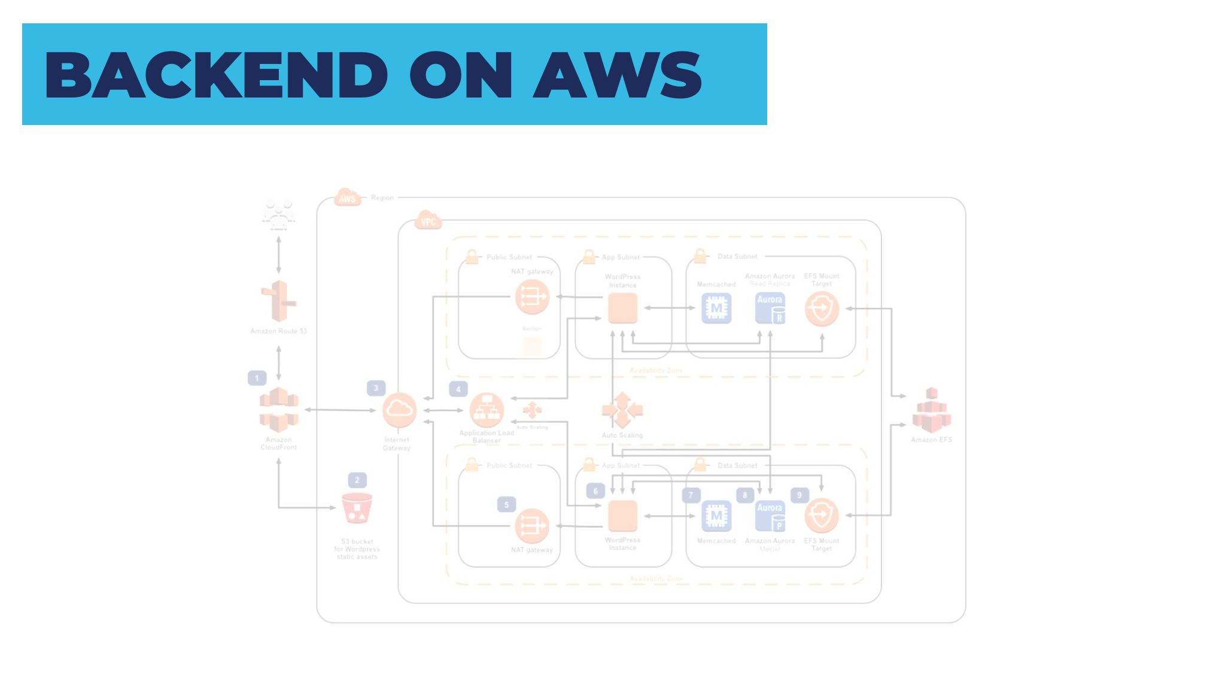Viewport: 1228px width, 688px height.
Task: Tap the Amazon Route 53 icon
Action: [278, 302]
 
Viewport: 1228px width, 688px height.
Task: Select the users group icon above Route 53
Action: [278, 214]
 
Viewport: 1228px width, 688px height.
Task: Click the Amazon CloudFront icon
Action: [278, 410]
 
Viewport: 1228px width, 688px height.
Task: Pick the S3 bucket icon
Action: [357, 508]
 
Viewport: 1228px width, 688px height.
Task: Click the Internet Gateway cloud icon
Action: [399, 410]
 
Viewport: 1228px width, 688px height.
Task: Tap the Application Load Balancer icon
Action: [487, 410]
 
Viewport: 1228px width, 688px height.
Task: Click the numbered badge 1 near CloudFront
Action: [257, 378]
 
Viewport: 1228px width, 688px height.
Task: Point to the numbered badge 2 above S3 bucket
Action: [357, 480]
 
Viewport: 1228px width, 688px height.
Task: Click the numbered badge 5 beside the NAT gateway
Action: [506, 504]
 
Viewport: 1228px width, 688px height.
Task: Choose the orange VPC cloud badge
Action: [428, 221]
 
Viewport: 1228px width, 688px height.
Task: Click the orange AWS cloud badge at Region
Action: [347, 198]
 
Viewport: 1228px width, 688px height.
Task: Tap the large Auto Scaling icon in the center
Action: [622, 410]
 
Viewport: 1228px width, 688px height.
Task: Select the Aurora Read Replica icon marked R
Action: [770, 308]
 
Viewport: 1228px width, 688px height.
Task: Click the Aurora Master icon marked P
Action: [770, 516]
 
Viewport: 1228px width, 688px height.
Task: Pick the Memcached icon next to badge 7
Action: [716, 516]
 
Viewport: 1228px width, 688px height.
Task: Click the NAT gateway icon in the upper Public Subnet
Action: [532, 296]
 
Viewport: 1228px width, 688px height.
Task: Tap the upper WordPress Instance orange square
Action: [622, 308]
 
